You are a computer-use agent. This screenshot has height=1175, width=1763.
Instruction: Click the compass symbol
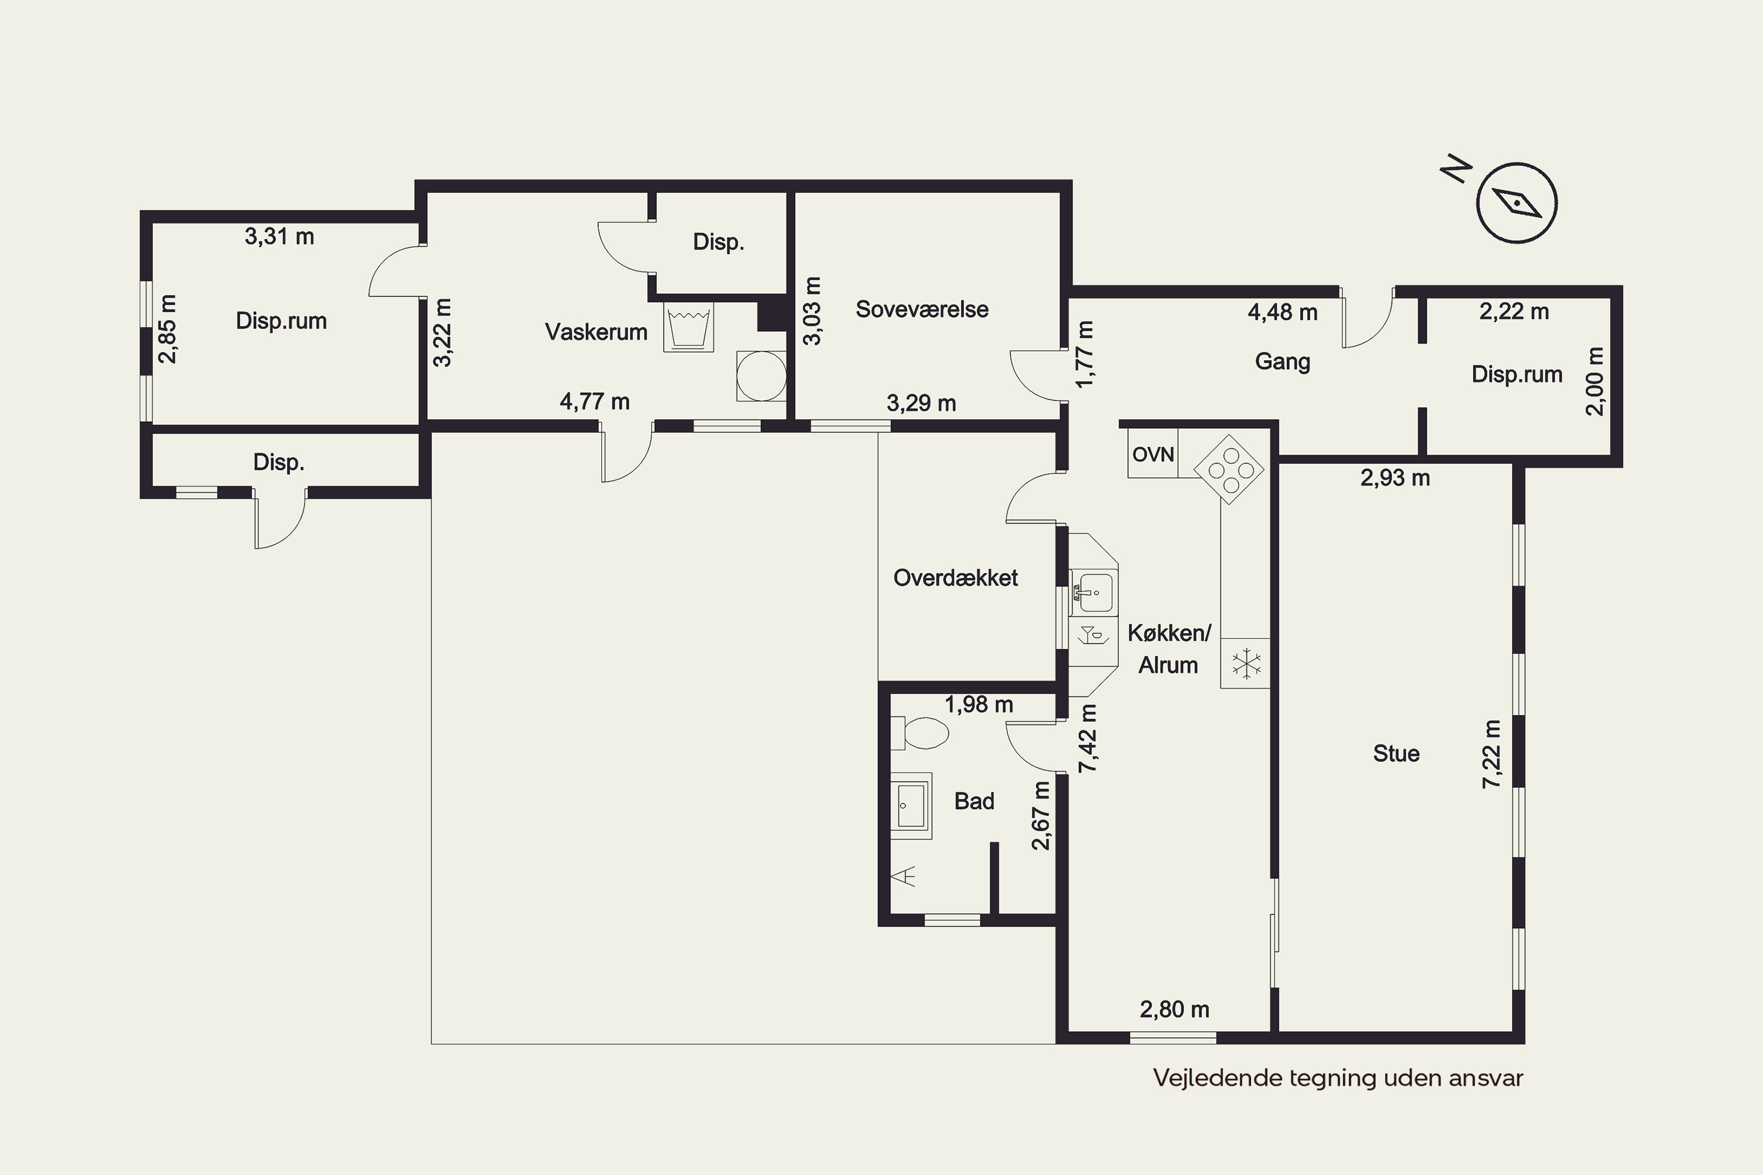pyautogui.click(x=1516, y=202)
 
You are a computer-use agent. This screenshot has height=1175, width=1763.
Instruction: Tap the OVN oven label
pyautogui.click(x=1153, y=454)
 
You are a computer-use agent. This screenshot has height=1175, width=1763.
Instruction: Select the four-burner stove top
pyautogui.click(x=1229, y=470)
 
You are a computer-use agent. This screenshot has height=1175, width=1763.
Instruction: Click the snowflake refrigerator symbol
pyautogui.click(x=1245, y=663)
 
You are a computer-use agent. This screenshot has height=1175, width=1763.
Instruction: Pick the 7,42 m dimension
pyautogui.click(x=1088, y=738)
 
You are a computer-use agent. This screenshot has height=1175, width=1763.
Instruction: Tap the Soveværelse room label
pyautogui.click(x=922, y=310)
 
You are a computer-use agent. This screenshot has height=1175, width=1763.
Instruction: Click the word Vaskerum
pyautogui.click(x=596, y=332)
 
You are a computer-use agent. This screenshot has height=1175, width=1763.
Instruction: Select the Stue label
pyautogui.click(x=1396, y=753)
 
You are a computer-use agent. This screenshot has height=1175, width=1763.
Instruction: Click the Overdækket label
pyautogui.click(x=956, y=578)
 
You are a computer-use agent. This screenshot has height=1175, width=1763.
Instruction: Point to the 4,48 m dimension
pyautogui.click(x=1282, y=313)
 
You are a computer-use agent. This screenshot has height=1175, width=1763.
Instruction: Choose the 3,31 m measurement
pyautogui.click(x=280, y=237)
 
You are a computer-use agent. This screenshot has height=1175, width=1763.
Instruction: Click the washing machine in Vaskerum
pyautogui.click(x=688, y=327)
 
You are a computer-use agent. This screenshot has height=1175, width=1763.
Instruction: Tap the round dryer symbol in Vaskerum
pyautogui.click(x=762, y=376)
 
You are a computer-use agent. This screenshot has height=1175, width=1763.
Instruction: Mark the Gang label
pyautogui.click(x=1282, y=361)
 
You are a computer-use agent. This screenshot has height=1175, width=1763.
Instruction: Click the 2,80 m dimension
pyautogui.click(x=1175, y=1009)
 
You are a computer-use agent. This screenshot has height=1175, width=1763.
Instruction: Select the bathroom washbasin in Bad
pyautogui.click(x=911, y=805)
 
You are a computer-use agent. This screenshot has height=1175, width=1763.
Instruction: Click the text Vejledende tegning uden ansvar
pyautogui.click(x=1338, y=1078)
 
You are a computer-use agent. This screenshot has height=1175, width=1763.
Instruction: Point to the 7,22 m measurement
pyautogui.click(x=1493, y=754)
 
